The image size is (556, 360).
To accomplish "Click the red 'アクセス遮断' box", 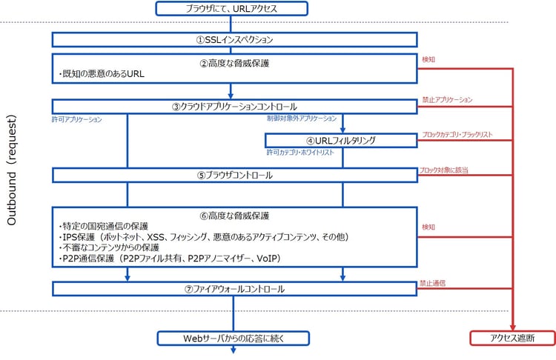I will coord(512,339).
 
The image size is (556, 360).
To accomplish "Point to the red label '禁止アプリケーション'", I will coord(447,99).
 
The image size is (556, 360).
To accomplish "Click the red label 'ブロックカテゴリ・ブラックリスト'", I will coord(457,135).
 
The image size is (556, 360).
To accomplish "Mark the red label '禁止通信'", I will coord(434,283).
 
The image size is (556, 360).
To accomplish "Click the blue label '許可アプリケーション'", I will coord(77,119).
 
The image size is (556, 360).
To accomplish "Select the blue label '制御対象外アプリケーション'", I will coord(301,119).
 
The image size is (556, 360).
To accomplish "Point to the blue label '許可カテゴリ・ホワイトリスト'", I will coord(300,153).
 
